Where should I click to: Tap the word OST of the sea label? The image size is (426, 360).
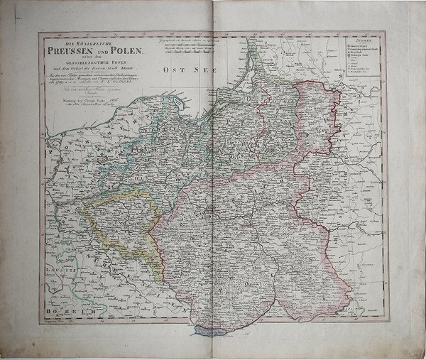point(170,71)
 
